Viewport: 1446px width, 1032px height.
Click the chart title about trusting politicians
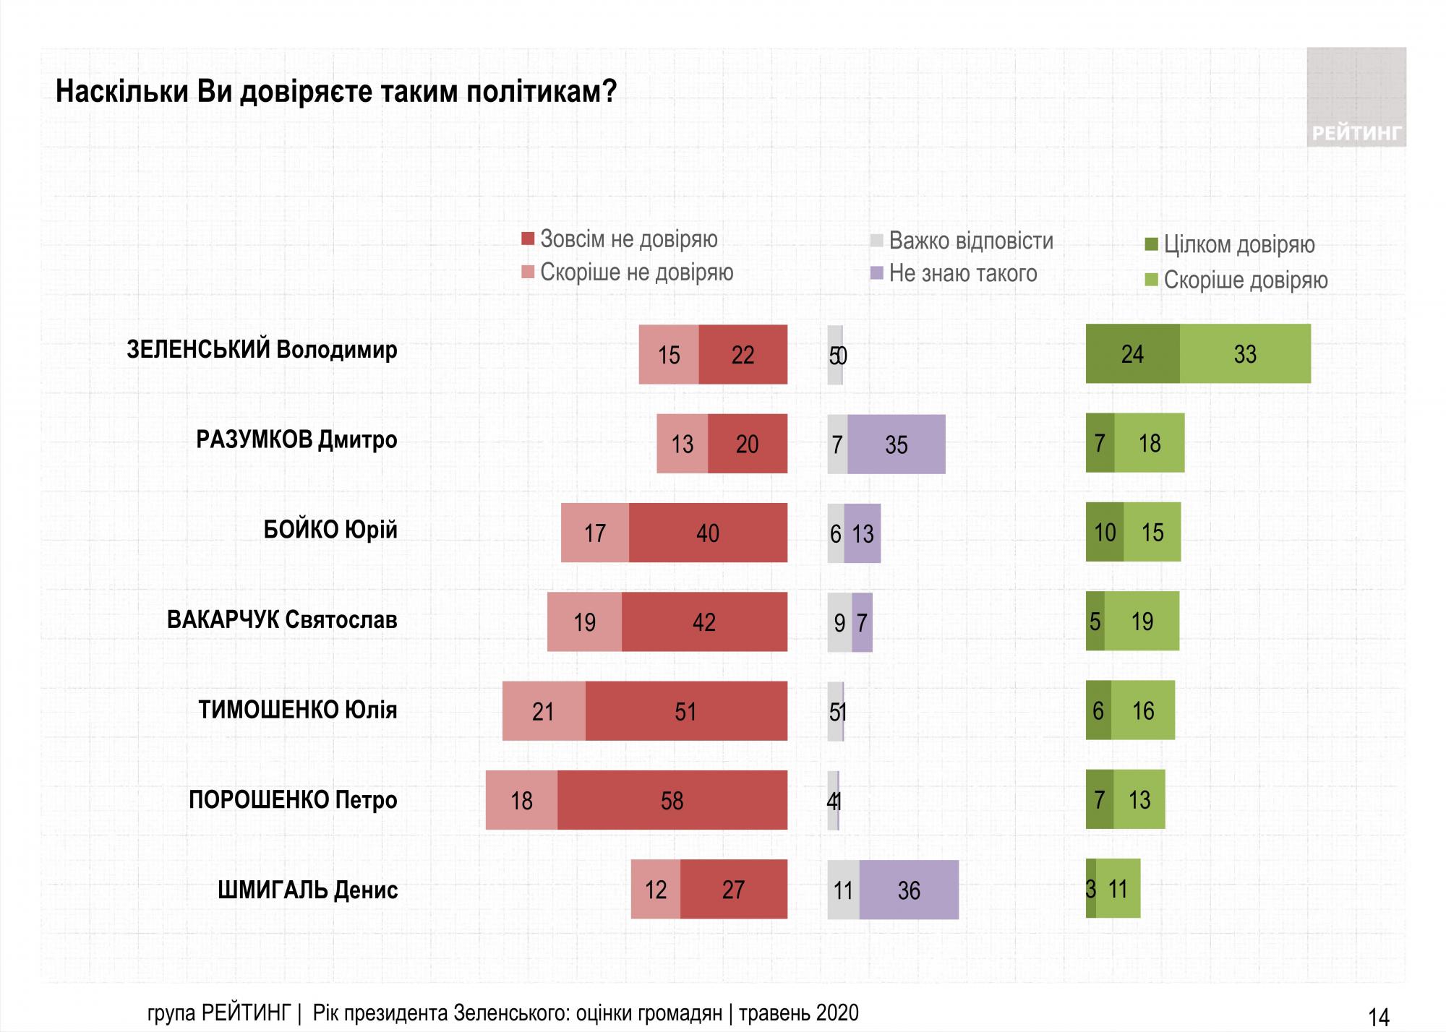click(x=335, y=92)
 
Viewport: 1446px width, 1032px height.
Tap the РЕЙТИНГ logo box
click(x=1356, y=98)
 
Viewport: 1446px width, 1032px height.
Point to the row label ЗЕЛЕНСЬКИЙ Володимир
click(x=262, y=350)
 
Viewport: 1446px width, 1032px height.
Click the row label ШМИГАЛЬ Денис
click(x=307, y=890)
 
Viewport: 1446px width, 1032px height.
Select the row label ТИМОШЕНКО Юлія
click(x=298, y=710)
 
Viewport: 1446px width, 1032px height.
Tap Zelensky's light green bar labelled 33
click(x=1245, y=354)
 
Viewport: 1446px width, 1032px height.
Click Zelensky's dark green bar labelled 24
click(x=1132, y=354)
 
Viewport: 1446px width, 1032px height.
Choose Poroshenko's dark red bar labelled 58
click(x=672, y=800)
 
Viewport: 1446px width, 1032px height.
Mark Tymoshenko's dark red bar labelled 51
click(x=685, y=711)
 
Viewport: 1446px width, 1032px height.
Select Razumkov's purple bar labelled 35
click(x=896, y=444)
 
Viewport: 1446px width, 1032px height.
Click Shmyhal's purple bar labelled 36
click(x=909, y=890)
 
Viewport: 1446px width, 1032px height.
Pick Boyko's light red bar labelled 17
click(x=594, y=533)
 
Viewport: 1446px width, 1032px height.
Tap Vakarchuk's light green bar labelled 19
click(x=1142, y=622)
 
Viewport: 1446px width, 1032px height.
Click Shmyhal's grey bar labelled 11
click(x=843, y=890)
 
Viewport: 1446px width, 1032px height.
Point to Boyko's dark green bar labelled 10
click(x=1105, y=533)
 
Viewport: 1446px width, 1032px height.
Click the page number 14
click(x=1379, y=1017)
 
